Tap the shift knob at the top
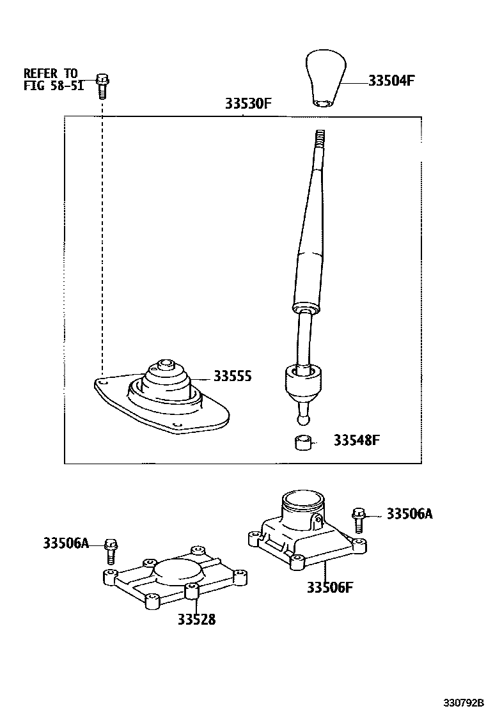click(326, 78)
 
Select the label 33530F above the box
click(249, 104)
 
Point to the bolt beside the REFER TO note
click(102, 85)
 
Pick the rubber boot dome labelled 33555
click(165, 381)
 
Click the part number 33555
click(232, 377)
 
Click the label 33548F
click(357, 441)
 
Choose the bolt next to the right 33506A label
click(358, 519)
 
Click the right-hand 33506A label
click(409, 513)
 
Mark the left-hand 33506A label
click(66, 543)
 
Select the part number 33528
click(197, 619)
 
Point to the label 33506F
click(329, 588)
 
